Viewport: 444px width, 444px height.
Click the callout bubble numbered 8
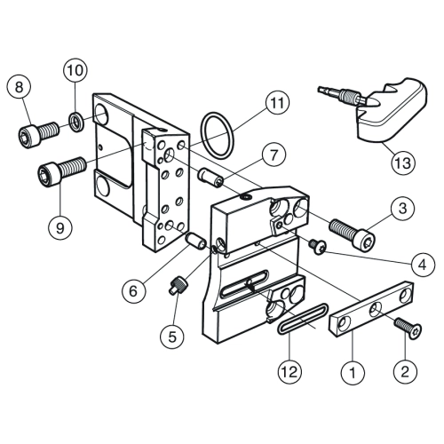[x=19, y=88]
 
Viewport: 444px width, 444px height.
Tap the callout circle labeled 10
[x=75, y=70]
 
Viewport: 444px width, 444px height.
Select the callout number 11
[x=277, y=102]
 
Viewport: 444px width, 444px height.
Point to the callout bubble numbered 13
[x=403, y=163]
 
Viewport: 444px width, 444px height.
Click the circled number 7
[x=274, y=155]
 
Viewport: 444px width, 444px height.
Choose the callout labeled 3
[x=403, y=208]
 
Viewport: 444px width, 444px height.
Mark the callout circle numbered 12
[x=289, y=371]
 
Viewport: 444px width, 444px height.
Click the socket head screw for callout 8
[x=39, y=135]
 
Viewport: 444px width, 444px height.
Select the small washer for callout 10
[x=77, y=122]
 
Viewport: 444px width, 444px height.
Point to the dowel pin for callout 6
[x=195, y=241]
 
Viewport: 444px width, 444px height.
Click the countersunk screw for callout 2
[x=408, y=329]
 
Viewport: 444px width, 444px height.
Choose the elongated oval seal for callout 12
[x=303, y=318]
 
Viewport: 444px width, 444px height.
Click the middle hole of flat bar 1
[x=376, y=310]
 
